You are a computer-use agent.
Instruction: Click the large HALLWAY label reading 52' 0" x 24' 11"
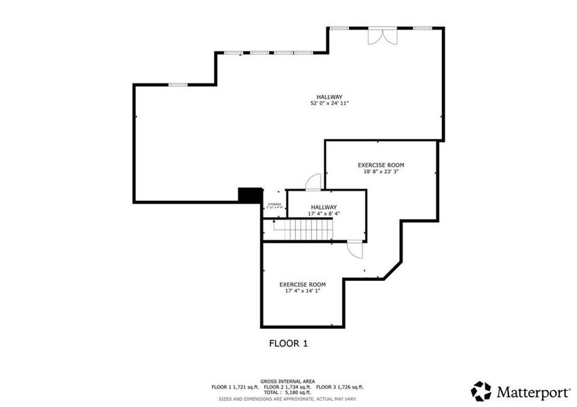click(329, 96)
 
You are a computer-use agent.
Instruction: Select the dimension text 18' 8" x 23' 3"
click(380, 172)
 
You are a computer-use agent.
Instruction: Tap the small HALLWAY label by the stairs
click(324, 207)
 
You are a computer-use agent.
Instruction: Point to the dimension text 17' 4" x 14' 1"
click(302, 291)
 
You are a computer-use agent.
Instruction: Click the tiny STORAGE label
click(274, 204)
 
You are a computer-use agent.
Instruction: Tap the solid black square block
click(250, 195)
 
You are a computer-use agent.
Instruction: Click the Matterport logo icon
click(481, 391)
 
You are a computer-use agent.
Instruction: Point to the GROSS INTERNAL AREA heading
click(288, 382)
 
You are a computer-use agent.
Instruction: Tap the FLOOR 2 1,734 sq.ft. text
click(288, 387)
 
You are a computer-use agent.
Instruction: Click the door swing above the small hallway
click(313, 182)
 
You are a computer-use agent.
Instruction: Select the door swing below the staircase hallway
click(355, 250)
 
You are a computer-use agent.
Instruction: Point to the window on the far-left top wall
click(178, 84)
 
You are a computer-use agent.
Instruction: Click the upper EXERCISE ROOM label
click(381, 165)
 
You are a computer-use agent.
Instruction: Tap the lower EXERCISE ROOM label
click(303, 284)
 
